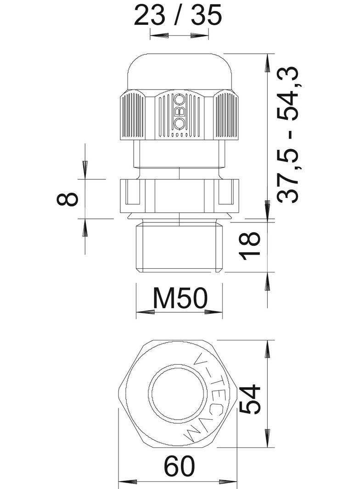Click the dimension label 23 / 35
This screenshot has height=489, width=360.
tap(178, 15)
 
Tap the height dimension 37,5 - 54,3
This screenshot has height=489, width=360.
tap(288, 135)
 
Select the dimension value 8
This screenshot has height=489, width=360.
tap(67, 199)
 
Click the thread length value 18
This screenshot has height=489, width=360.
tap(250, 243)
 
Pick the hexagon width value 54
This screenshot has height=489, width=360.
tap(250, 399)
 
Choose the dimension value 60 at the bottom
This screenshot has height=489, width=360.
tap(180, 466)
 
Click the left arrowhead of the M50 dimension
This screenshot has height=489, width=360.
tap(146, 311)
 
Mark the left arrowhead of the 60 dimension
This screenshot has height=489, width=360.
tap(128, 482)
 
